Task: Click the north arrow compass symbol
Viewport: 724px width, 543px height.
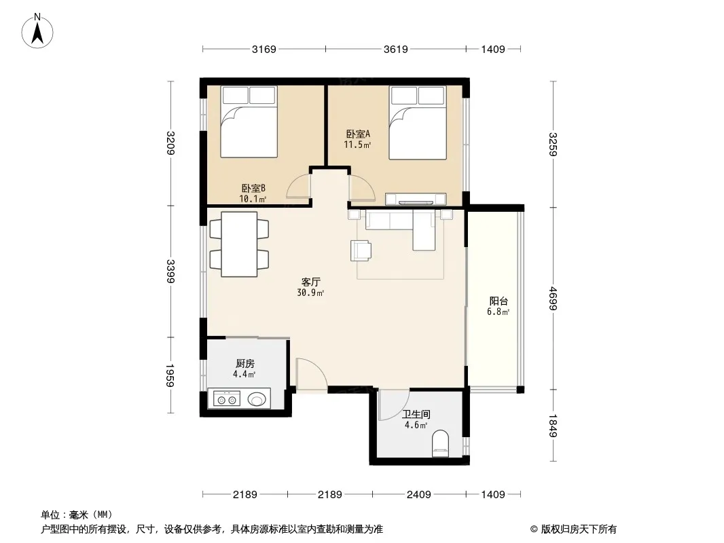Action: (37, 31)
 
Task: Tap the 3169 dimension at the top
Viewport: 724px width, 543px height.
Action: (264, 49)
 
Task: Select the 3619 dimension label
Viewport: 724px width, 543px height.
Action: (396, 49)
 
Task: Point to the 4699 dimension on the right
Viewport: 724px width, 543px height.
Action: (553, 299)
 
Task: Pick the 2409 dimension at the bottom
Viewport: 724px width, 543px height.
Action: (419, 495)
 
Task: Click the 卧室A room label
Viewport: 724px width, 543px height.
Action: (359, 134)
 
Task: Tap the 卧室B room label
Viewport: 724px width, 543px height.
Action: (253, 188)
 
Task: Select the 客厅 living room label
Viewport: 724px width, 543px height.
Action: (311, 282)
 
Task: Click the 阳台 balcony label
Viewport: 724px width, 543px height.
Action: (499, 301)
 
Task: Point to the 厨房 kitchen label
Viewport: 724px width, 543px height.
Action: (245, 364)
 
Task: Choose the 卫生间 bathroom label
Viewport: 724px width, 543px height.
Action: (416, 414)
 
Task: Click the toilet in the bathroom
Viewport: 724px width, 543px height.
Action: (441, 443)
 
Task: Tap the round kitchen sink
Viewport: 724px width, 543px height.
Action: (257, 398)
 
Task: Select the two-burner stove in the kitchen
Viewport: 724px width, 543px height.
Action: (227, 398)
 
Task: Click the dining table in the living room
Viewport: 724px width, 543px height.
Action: (239, 244)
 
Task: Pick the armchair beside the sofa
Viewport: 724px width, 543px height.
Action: (361, 250)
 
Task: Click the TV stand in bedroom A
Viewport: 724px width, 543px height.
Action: (416, 200)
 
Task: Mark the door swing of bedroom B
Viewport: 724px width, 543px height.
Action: (298, 187)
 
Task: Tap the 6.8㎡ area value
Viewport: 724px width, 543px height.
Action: (499, 312)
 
